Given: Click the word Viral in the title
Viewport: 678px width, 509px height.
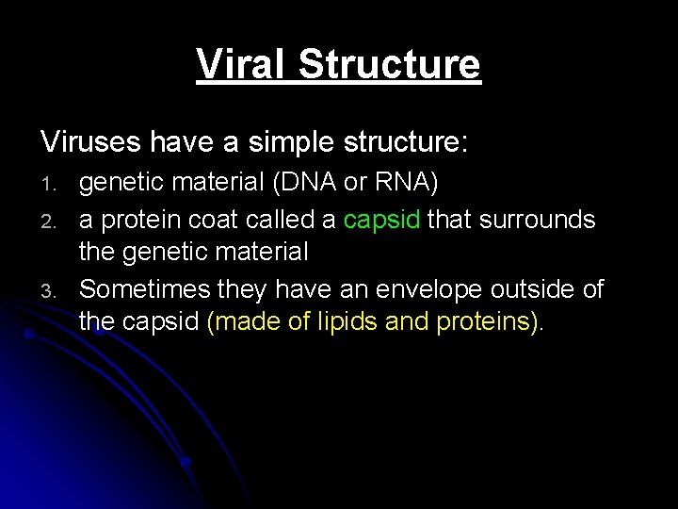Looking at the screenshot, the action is (239, 63).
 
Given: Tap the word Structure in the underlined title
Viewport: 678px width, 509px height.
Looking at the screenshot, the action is (390, 63).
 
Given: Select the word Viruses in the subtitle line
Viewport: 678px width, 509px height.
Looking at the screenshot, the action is (90, 141).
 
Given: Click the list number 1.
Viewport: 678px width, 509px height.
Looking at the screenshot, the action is (48, 185).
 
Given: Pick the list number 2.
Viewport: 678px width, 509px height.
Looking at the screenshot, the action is (49, 222).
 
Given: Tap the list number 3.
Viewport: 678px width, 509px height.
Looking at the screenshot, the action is (49, 291).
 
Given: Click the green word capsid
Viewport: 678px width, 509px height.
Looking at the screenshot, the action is (381, 221).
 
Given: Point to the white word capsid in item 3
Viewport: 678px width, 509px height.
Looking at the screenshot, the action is (160, 322).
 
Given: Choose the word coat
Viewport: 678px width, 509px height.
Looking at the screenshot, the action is (213, 220).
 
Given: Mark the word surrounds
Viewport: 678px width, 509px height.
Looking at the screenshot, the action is (537, 219).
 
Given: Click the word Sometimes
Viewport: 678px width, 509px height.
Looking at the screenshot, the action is (144, 288).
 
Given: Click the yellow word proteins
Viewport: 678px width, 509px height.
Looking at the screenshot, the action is (483, 322).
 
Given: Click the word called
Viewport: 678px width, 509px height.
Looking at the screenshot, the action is (280, 219).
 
